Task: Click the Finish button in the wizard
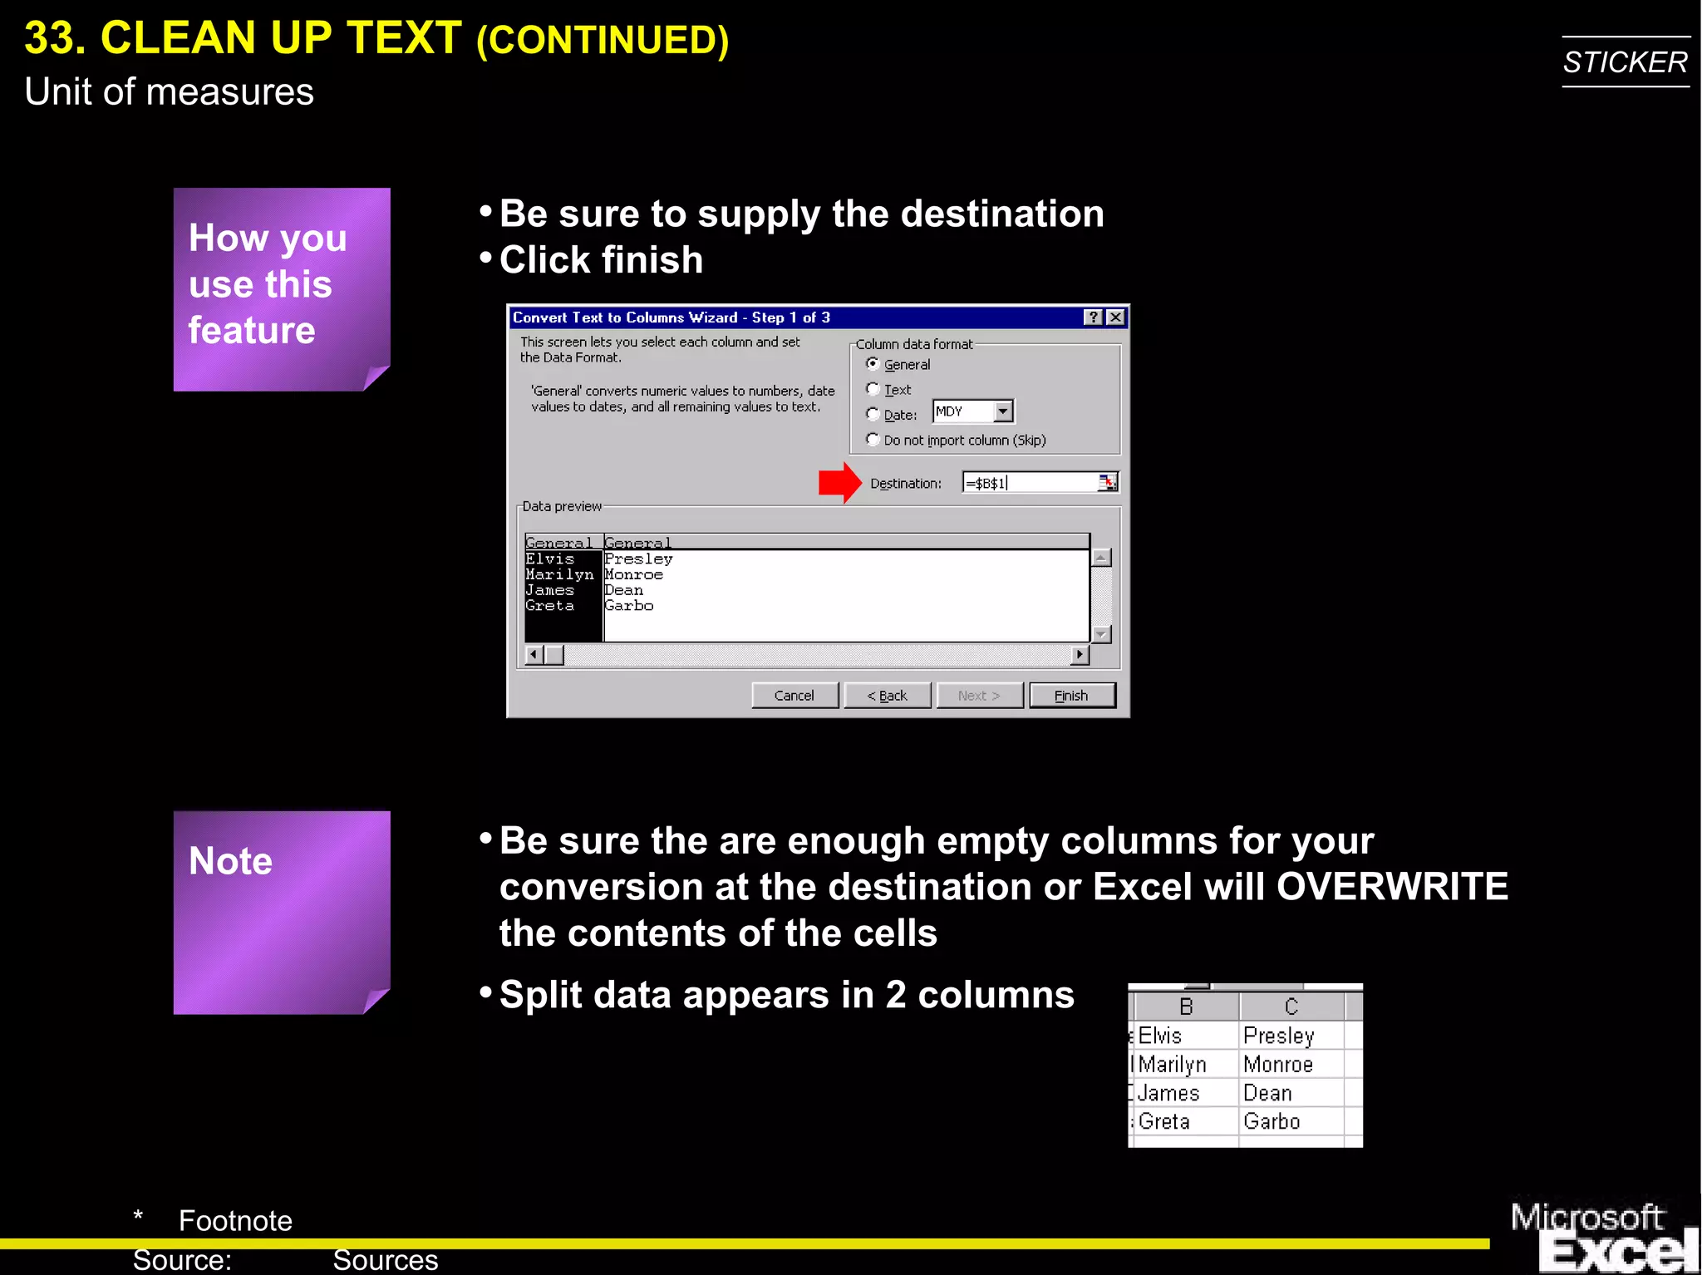point(1071,696)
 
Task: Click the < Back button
point(887,696)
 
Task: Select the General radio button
point(873,364)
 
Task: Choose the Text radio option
point(873,389)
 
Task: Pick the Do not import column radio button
point(873,440)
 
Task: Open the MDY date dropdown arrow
point(1003,411)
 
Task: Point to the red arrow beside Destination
point(839,483)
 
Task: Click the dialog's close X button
point(1115,318)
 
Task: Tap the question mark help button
point(1094,318)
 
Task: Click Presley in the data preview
point(638,559)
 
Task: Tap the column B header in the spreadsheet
point(1186,1007)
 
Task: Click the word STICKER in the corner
point(1625,62)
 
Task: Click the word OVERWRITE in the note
point(1392,887)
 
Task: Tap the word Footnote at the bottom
point(235,1221)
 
